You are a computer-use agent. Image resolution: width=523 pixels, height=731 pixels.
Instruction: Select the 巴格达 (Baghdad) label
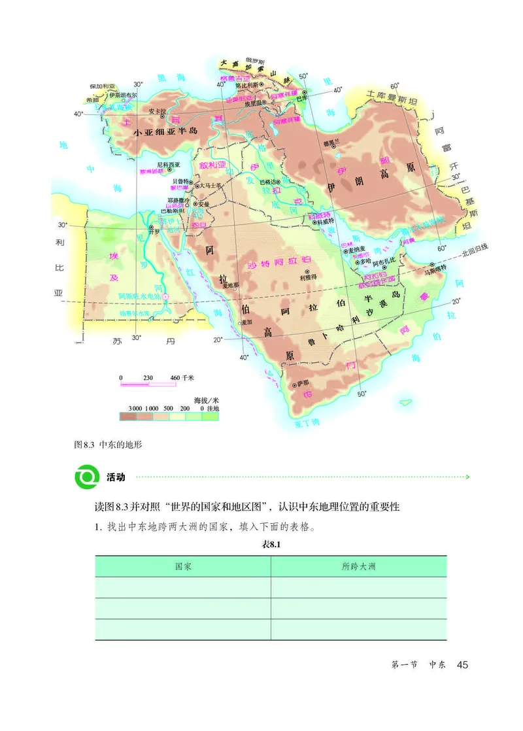(x=269, y=181)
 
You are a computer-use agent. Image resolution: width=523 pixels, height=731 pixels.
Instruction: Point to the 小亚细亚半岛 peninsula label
(x=165, y=131)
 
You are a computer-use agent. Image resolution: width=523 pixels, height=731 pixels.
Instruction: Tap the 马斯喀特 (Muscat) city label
(x=435, y=267)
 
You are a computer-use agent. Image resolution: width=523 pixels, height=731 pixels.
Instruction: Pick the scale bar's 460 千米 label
(x=182, y=378)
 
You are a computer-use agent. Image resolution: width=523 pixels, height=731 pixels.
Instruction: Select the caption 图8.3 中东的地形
(x=109, y=445)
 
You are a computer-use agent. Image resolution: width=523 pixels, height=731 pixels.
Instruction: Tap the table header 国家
(x=183, y=566)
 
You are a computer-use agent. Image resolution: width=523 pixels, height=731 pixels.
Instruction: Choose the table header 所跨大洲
(x=359, y=566)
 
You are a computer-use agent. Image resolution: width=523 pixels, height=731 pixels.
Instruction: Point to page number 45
(x=463, y=665)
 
